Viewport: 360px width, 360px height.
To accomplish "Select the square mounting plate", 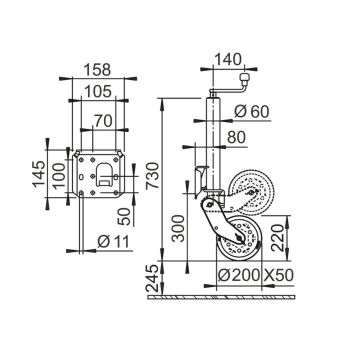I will click(x=100, y=177).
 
